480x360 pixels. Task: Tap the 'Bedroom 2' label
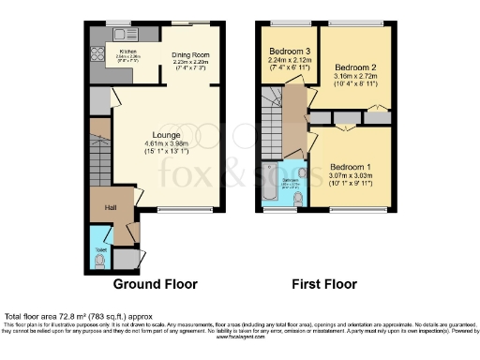355,67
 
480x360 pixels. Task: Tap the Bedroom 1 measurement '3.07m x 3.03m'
348,174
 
